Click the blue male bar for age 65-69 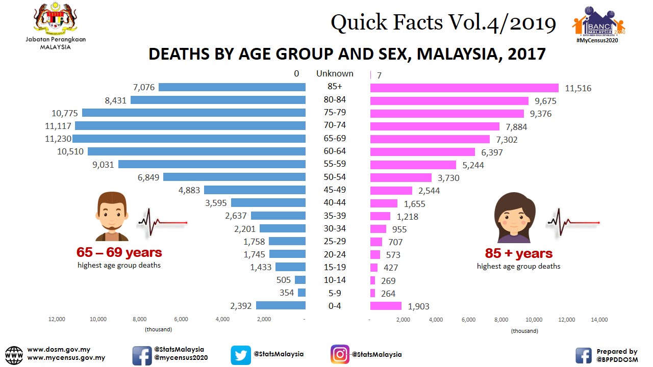click(x=189, y=139)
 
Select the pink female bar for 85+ click(x=464, y=88)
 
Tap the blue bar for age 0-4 click(x=281, y=306)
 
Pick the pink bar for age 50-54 click(x=401, y=177)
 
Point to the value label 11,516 click(x=578, y=89)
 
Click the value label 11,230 click(x=57, y=139)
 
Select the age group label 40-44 click(x=335, y=202)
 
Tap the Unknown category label click(x=335, y=73)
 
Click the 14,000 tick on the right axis click(x=599, y=320)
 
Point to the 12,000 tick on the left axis click(x=57, y=320)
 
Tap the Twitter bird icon click(x=241, y=355)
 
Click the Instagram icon click(x=340, y=354)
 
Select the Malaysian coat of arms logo click(x=55, y=19)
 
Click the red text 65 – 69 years click(x=119, y=252)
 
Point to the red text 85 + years click(x=518, y=253)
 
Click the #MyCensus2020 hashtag click(x=597, y=40)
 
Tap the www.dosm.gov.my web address click(x=59, y=350)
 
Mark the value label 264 click(x=388, y=294)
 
